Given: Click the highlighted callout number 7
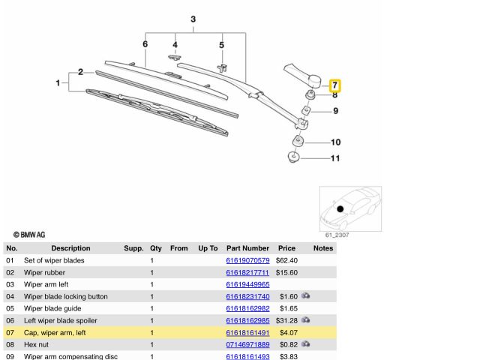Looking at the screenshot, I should click(x=335, y=86).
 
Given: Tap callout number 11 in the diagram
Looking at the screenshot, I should click(x=335, y=158).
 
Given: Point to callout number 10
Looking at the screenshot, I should click(x=335, y=142).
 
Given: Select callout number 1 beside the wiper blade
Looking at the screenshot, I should click(x=58, y=83).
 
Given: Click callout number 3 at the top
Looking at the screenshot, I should click(x=193, y=18).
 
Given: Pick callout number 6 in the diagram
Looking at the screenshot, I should click(x=145, y=45).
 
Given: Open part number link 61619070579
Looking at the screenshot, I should click(x=247, y=260).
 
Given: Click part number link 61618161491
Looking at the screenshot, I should click(x=247, y=332).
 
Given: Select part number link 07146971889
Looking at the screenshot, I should click(x=247, y=344).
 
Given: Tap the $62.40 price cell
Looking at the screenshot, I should click(x=287, y=260).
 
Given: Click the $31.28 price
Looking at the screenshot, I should click(x=287, y=320).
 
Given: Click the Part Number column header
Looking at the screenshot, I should click(x=247, y=248).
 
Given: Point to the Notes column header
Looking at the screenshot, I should click(x=323, y=248).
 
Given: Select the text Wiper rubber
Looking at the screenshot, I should click(x=46, y=272).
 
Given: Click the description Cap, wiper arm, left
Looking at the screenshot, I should click(x=55, y=332).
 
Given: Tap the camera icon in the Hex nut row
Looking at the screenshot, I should click(x=306, y=344).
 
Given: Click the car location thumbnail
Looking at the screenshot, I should click(x=350, y=208).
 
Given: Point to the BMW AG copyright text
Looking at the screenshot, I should click(x=31, y=235).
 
